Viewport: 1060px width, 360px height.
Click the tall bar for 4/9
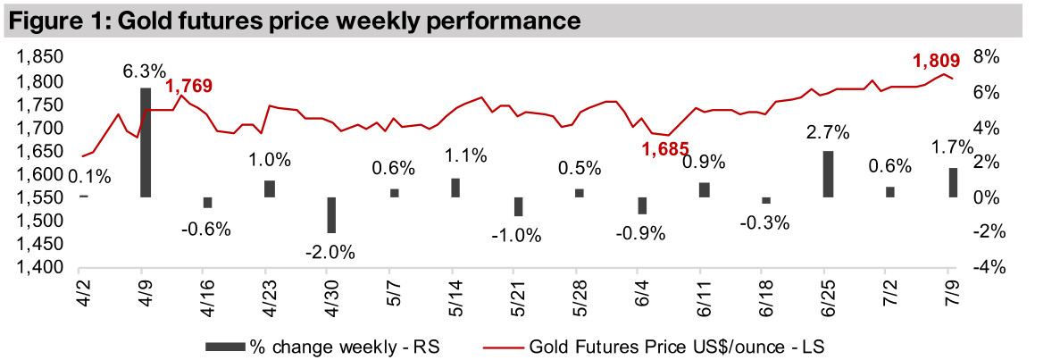pyautogui.click(x=146, y=142)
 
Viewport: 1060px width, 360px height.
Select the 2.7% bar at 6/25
pyautogui.click(x=828, y=174)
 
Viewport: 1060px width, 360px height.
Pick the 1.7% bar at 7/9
pyautogui.click(x=953, y=182)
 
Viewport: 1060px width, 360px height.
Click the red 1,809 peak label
pyautogui.click(x=935, y=62)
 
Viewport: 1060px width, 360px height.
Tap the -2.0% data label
pyautogui.click(x=331, y=251)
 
